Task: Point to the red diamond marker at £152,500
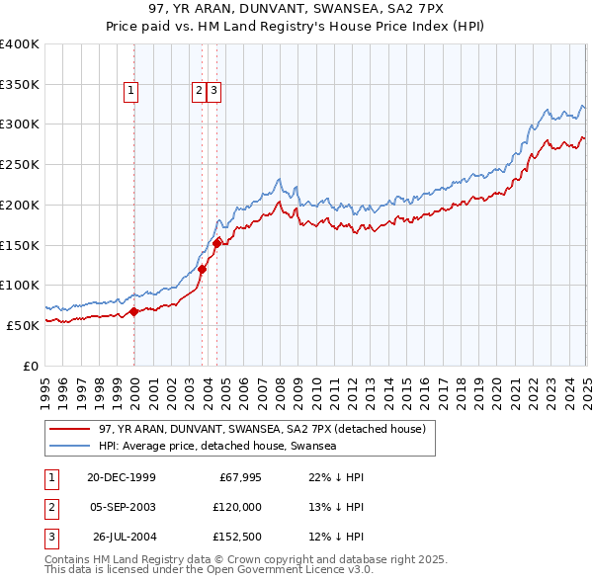[x=217, y=242]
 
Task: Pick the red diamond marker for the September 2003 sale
[x=202, y=269]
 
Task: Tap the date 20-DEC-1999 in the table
[x=122, y=477]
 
